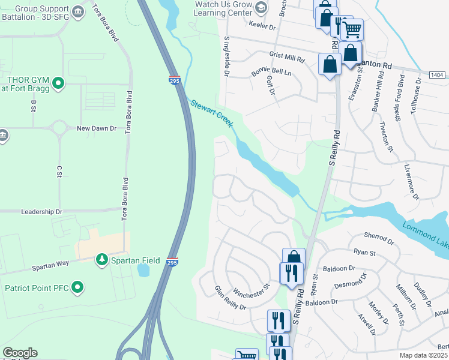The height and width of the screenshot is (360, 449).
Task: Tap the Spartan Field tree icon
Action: tap(102, 259)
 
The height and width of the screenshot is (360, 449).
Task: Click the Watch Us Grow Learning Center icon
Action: tap(261, 7)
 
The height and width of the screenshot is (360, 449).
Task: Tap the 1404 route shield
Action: tap(438, 74)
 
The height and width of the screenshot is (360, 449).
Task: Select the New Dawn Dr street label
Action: tap(96, 128)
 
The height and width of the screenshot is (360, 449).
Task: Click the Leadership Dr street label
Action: tap(41, 212)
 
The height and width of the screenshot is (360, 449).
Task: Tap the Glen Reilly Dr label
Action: tap(231, 298)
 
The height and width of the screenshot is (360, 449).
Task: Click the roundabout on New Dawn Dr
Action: tap(59, 128)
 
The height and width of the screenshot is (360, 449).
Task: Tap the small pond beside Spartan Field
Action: tap(143, 271)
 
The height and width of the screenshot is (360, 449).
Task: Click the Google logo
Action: tap(20, 353)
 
